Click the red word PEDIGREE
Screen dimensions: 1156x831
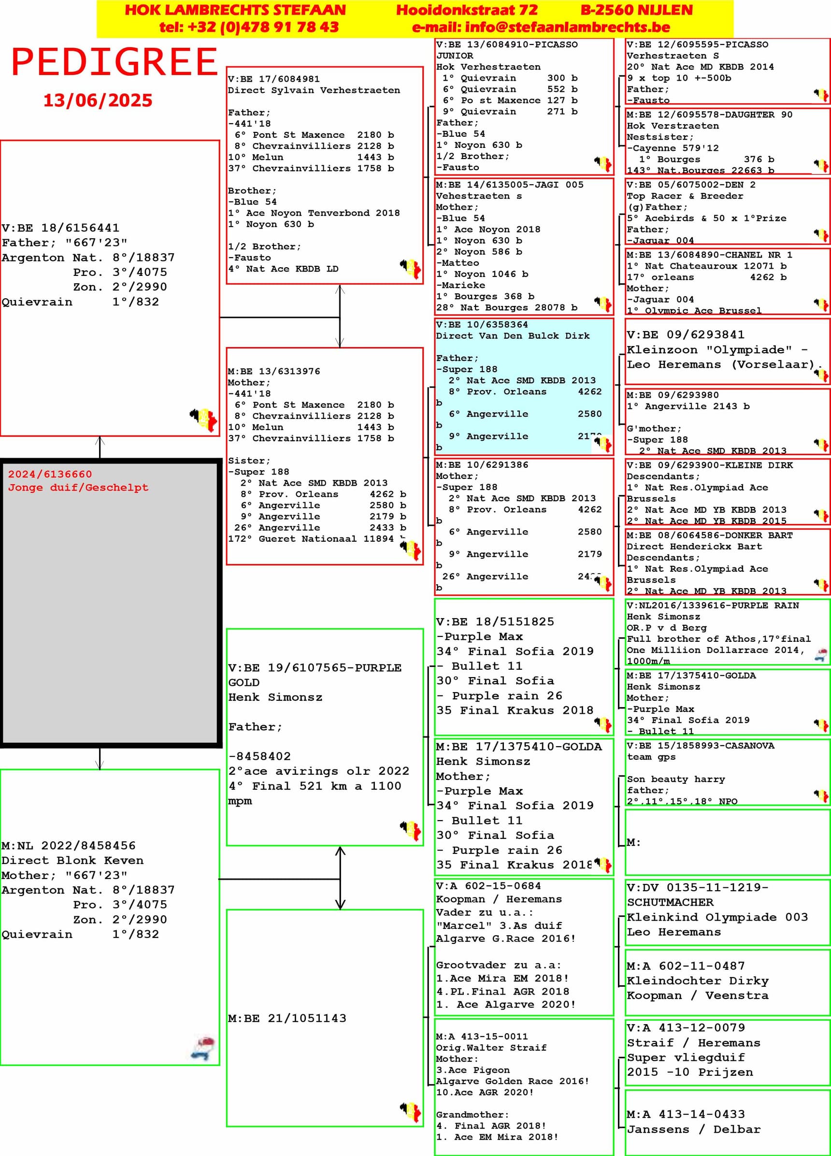(x=115, y=62)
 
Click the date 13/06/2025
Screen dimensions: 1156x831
(x=98, y=101)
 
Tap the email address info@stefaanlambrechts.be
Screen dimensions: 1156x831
(x=541, y=27)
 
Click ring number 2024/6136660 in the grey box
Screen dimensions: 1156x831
(x=50, y=474)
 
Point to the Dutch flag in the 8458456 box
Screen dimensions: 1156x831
(x=203, y=1047)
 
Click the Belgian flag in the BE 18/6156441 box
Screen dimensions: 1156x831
(x=204, y=419)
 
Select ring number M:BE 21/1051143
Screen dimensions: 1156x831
(x=287, y=1018)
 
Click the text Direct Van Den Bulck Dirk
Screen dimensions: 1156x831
(x=513, y=336)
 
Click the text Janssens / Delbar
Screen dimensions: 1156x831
(x=693, y=1129)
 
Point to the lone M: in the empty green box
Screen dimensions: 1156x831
(x=633, y=842)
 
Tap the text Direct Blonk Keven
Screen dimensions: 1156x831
(x=72, y=860)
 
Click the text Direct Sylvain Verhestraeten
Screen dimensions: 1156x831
(x=314, y=90)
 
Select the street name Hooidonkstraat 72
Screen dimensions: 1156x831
(x=467, y=10)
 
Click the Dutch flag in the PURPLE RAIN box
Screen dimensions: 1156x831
(x=820, y=655)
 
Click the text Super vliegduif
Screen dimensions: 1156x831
(x=686, y=1057)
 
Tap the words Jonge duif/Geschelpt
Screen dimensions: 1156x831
(x=78, y=487)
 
